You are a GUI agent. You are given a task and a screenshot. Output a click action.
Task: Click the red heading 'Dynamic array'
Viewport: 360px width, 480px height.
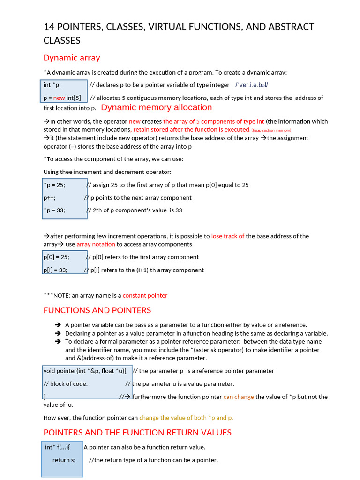tap(72, 58)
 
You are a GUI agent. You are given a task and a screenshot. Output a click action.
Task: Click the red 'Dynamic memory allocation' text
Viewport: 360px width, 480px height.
tap(157, 107)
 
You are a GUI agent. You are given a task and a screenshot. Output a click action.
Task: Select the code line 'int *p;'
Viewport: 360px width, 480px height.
tap(52, 85)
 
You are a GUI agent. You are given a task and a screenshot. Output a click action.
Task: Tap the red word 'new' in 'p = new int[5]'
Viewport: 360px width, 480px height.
tap(59, 98)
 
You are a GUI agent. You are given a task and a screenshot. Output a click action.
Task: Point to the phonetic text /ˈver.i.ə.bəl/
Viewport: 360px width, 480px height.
tap(252, 85)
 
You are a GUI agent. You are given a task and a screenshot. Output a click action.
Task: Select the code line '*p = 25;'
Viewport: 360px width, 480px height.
tap(54, 185)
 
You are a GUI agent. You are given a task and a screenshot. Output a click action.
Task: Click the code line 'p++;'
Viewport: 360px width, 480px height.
tap(50, 198)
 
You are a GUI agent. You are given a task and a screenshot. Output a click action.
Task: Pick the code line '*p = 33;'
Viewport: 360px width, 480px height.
tap(54, 210)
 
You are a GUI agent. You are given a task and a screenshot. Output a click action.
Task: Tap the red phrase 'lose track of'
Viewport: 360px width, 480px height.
tap(228, 236)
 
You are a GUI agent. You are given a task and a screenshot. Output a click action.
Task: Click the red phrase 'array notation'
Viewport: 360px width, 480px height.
tap(96, 244)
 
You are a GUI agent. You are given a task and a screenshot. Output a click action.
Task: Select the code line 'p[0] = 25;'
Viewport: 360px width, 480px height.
tap(56, 257)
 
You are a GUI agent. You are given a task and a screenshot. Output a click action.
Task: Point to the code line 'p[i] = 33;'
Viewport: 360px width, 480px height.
tap(55, 270)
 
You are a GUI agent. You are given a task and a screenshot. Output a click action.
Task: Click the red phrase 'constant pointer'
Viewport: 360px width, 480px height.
tap(145, 296)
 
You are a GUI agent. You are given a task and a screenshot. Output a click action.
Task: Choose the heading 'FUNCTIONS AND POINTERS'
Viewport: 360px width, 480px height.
tap(97, 310)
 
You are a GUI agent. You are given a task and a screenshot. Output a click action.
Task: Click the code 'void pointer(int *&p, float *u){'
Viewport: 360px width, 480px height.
tap(85, 371)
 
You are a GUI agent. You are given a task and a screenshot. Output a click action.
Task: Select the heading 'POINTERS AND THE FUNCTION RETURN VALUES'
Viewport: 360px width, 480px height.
tap(137, 432)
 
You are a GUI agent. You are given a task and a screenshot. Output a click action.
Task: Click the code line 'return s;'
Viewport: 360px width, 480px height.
tap(64, 460)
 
